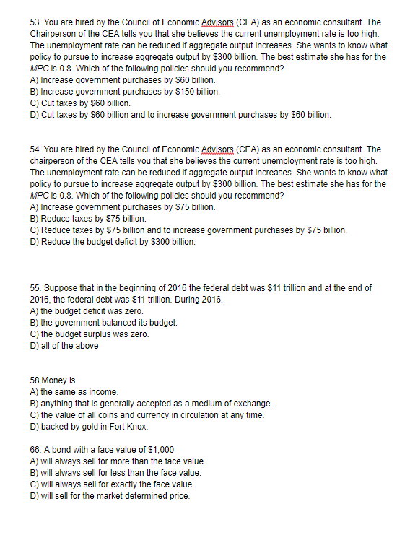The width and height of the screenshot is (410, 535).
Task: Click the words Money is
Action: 61,380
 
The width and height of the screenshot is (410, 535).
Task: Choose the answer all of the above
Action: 69,345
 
